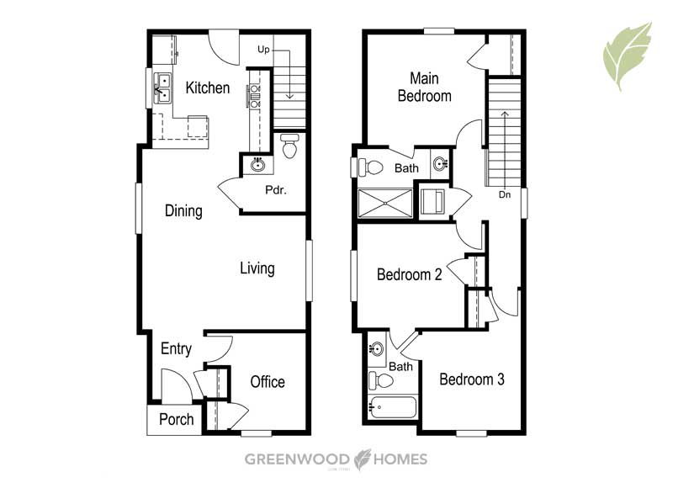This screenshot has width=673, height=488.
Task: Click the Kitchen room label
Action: pos(208,88)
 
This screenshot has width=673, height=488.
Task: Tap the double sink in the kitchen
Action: pos(163,88)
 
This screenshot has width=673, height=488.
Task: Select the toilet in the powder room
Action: pos(289,146)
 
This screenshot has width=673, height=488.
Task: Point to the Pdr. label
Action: pos(276,189)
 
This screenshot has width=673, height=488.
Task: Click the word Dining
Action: pos(183,210)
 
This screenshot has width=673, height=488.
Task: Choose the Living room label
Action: pos(257,268)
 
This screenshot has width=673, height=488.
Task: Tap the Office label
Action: pos(268,381)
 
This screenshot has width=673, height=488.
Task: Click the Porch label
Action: pos(177,419)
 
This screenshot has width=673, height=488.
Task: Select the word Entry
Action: pos(176,348)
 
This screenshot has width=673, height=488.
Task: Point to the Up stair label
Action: pos(263,50)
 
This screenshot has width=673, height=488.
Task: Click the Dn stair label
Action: pos(505,194)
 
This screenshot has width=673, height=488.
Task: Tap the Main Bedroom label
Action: pos(425,88)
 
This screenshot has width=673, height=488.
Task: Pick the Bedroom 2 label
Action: pos(410,274)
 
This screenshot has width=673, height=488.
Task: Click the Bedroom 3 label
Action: pos(472,379)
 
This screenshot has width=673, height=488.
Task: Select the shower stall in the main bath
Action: pos(385,204)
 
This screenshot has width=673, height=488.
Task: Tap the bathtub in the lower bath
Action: pos(393,407)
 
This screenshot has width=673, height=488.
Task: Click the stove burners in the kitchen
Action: pos(255,96)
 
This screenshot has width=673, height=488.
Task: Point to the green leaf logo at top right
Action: pos(628,56)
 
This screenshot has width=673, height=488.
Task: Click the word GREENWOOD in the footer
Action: pos(297,459)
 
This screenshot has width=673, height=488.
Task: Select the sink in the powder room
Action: pos(257,165)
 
